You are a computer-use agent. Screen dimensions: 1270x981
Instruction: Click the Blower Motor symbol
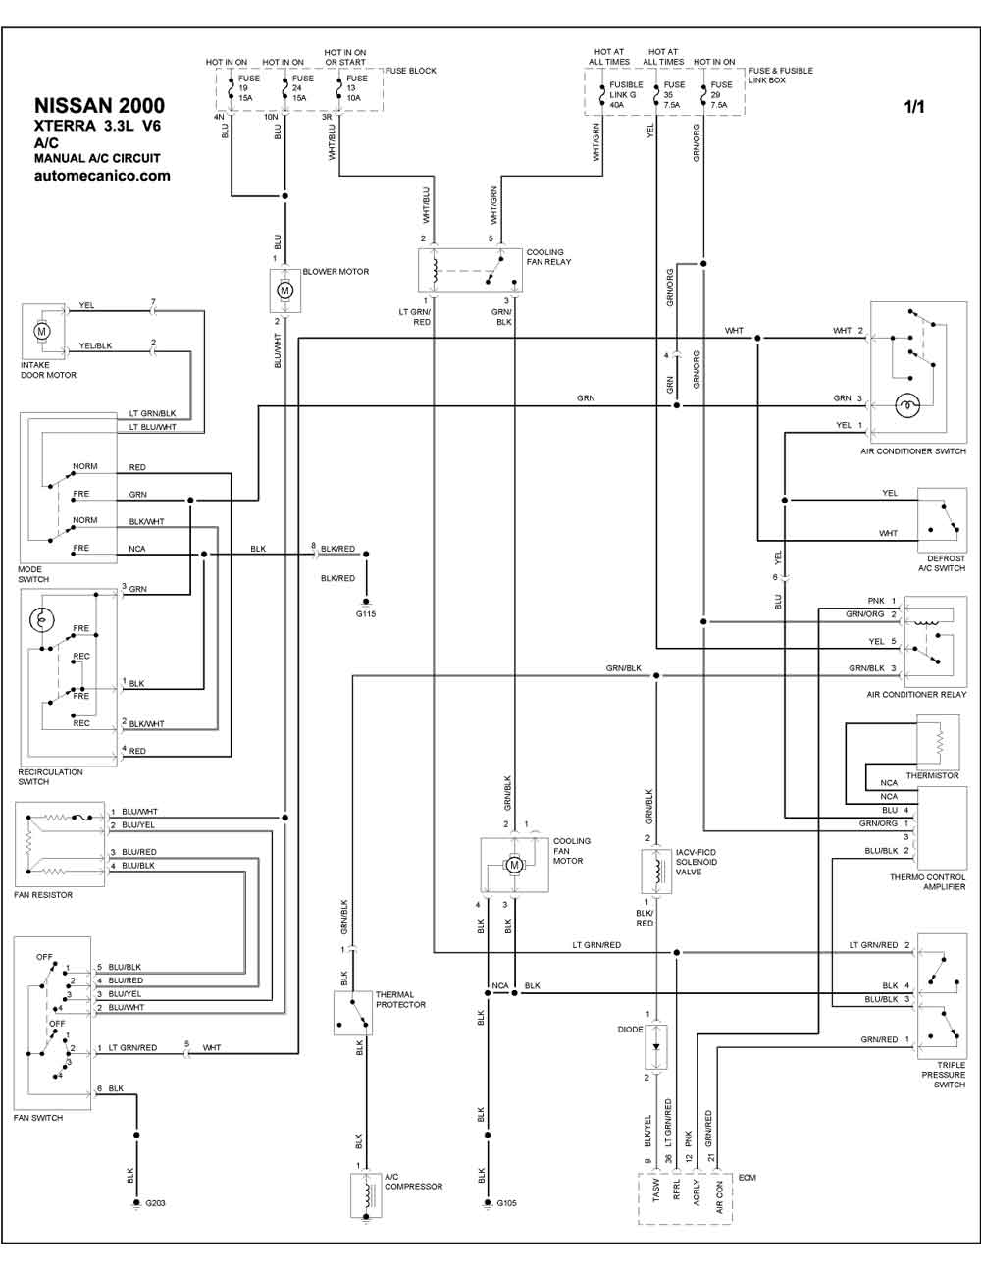[x=284, y=291]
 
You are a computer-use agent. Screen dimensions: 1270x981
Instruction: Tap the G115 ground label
[x=366, y=614]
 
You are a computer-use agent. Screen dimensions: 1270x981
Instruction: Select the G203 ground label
[x=155, y=1203]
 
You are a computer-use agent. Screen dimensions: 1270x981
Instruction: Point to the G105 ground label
[x=506, y=1203]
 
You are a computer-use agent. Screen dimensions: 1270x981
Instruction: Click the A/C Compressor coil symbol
[x=366, y=1194]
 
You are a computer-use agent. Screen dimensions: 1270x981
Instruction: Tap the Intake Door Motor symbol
[x=42, y=332]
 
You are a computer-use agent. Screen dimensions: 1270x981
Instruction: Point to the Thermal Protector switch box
[x=352, y=1013]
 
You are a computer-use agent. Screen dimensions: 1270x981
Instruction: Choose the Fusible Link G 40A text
[x=626, y=94]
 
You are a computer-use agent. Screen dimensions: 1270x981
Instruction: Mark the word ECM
[x=747, y=1178]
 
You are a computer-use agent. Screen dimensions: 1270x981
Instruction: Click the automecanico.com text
[x=102, y=177]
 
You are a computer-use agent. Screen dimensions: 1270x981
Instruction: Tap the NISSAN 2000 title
[x=99, y=106]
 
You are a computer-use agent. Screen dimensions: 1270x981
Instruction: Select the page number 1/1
[x=914, y=108]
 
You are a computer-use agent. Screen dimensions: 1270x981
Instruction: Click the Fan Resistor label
[x=43, y=895]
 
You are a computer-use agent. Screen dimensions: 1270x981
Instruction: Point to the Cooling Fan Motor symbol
[x=514, y=865]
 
